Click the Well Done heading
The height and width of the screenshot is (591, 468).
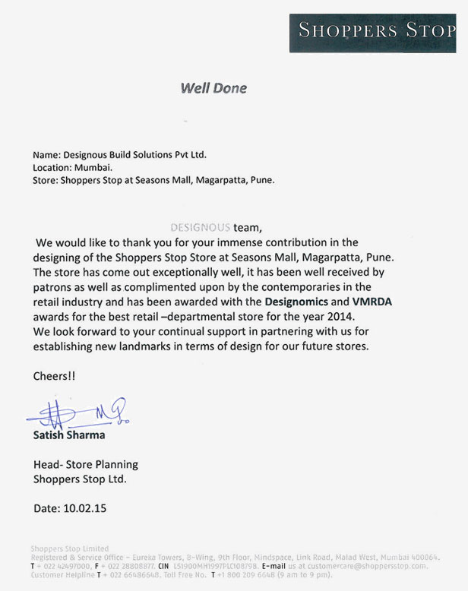213,88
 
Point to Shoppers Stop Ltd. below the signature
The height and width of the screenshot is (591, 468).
80,479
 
